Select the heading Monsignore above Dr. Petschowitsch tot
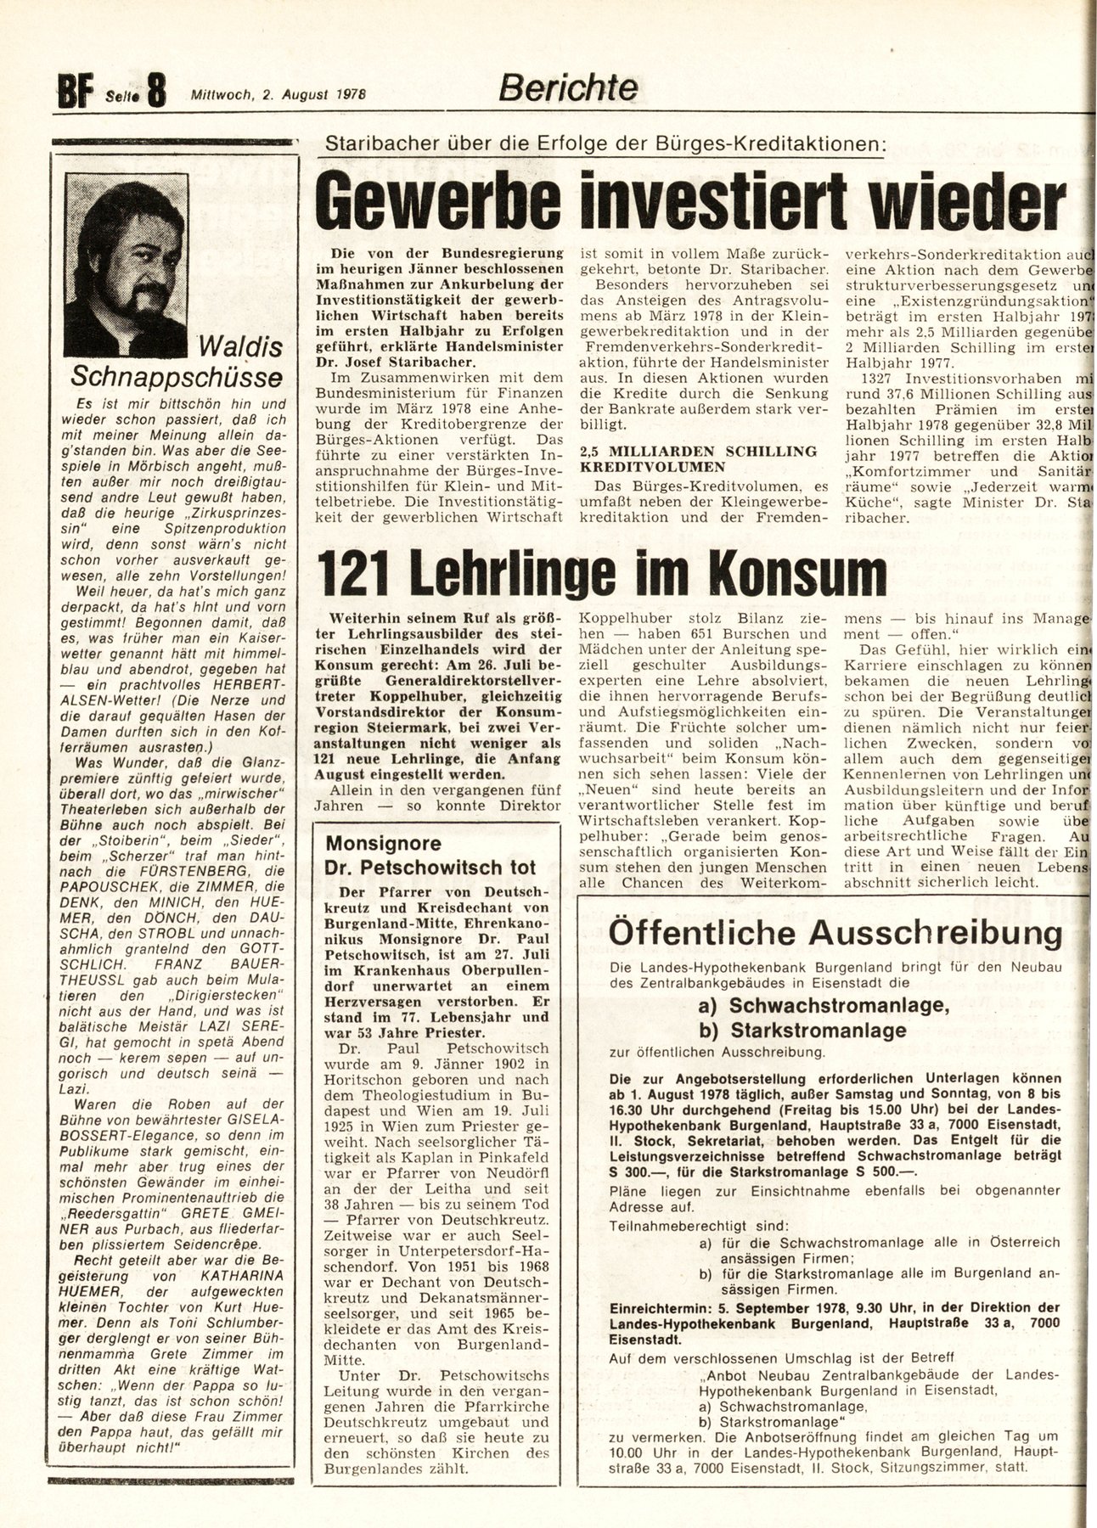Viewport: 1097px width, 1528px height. pos(384,844)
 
